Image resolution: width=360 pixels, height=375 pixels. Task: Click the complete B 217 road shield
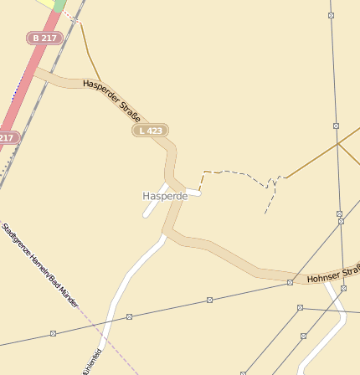coord(44,38)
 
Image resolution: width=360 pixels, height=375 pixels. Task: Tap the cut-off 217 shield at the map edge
coord(8,137)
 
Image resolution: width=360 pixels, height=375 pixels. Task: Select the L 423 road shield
coord(151,131)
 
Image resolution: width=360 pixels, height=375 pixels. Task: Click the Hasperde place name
coord(165,196)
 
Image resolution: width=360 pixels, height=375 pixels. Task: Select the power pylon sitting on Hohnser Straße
coord(290,282)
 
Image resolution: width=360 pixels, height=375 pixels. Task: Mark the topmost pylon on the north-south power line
coord(332,15)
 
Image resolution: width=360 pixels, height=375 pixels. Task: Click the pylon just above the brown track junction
coord(337,126)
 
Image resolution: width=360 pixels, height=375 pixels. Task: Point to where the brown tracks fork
coord(338,144)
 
